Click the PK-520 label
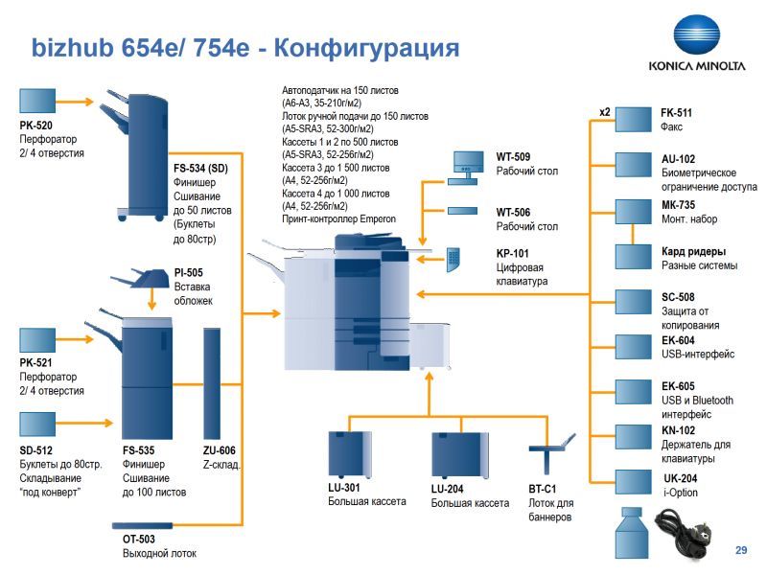tap(36, 125)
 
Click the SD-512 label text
tap(36, 450)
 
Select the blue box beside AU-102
tap(633, 164)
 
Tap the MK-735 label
tap(678, 205)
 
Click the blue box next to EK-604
tap(633, 347)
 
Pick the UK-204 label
tap(681, 478)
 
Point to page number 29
tap(740, 549)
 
